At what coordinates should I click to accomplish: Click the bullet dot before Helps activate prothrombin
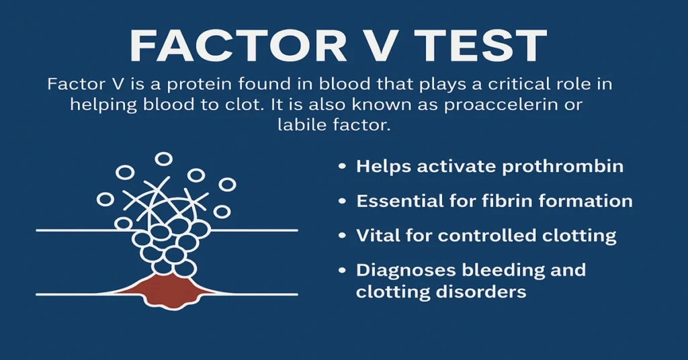pos(343,166)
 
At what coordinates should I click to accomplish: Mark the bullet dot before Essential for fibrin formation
pos(343,201)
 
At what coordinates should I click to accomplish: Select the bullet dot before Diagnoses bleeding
pos(343,270)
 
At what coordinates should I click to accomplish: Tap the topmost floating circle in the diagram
pos(163,159)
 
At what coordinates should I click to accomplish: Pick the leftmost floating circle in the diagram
pos(105,199)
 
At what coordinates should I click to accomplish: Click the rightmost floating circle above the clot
pos(227,184)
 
